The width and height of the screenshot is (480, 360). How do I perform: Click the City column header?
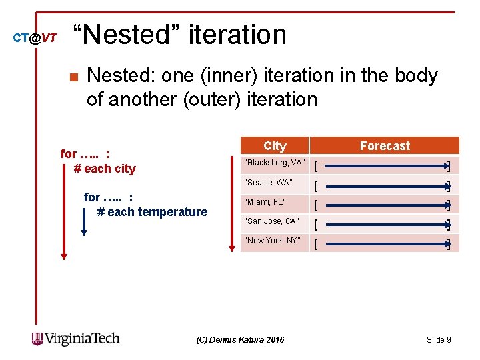tap(275, 146)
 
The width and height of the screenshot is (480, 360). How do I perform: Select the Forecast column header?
tap(385, 146)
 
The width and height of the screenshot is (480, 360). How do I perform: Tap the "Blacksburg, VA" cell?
tap(275, 163)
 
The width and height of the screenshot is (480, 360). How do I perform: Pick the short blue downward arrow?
tap(84, 220)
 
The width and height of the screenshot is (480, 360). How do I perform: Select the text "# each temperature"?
tap(152, 212)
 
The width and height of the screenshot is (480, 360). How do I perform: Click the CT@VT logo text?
tap(35, 38)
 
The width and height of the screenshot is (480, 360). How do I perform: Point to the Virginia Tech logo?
tap(76, 339)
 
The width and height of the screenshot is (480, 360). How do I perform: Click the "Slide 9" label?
tap(438, 340)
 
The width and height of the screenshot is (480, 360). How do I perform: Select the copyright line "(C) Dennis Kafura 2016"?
tap(240, 340)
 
